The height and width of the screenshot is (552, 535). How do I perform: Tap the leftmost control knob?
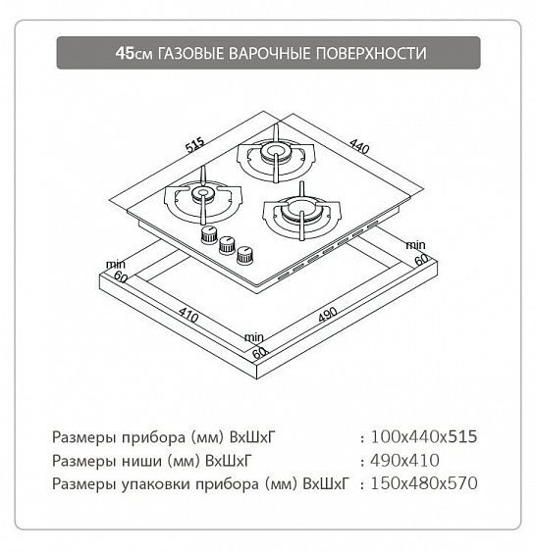click(x=208, y=236)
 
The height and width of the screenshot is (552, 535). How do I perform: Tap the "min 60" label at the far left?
click(x=118, y=272)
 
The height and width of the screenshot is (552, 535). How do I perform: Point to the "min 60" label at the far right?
click(x=417, y=251)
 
